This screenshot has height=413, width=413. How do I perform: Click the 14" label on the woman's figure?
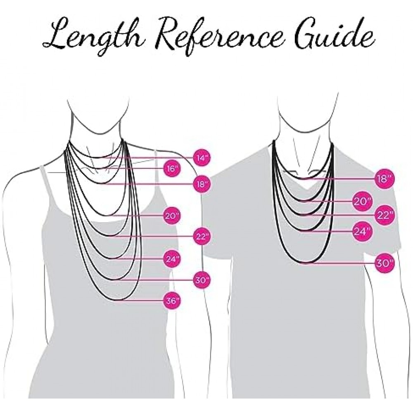click(x=202, y=158)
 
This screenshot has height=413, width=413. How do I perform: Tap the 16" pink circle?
click(x=172, y=168)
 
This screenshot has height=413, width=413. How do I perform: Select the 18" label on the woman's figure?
click(x=202, y=183)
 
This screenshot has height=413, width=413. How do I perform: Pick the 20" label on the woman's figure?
click(x=172, y=216)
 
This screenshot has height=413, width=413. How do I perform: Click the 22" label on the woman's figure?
click(x=202, y=236)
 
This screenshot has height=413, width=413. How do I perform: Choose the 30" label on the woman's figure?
click(x=202, y=280)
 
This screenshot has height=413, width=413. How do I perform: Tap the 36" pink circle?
click(x=172, y=300)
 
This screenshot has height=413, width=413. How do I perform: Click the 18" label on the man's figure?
click(x=385, y=178)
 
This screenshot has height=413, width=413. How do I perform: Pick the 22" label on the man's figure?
click(x=385, y=215)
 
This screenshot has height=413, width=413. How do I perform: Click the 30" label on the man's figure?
click(x=385, y=263)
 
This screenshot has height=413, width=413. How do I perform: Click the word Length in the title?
click(x=93, y=37)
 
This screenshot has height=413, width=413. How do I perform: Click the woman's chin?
click(x=98, y=133)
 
